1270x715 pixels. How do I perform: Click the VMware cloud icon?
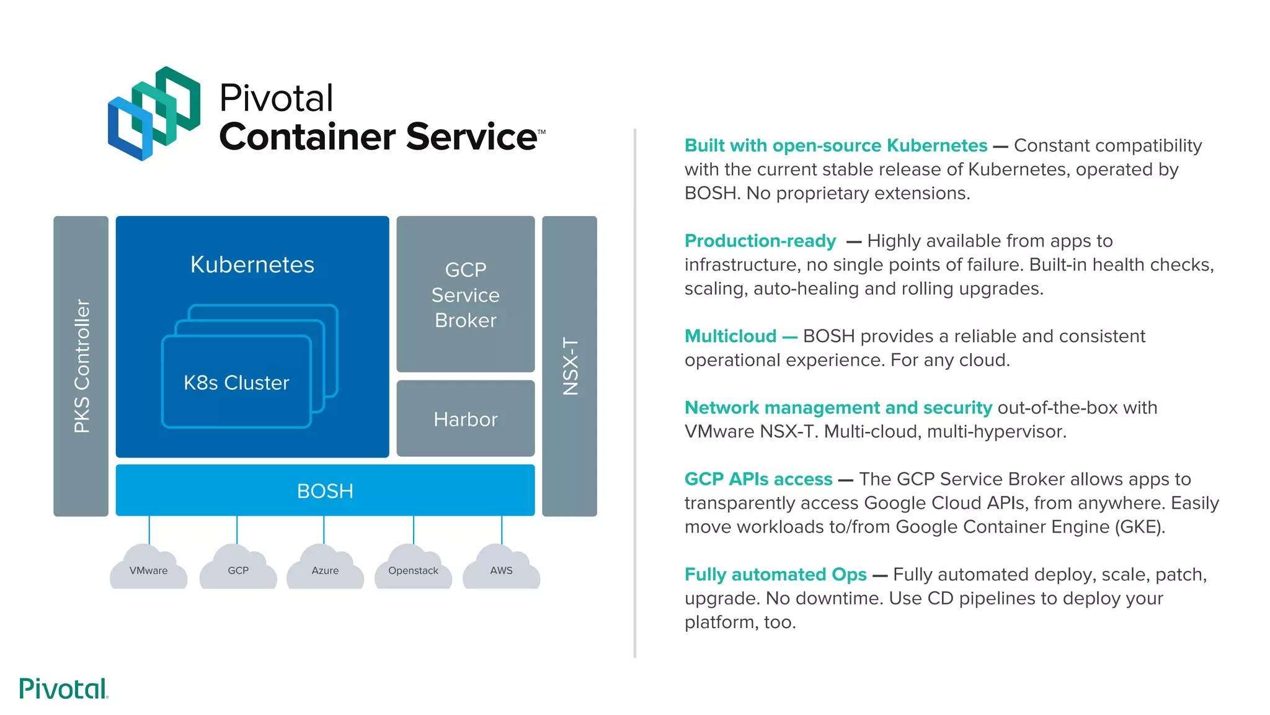148,568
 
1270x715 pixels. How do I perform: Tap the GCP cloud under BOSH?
238,568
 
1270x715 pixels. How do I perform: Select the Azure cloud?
325,568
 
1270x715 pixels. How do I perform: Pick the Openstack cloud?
413,568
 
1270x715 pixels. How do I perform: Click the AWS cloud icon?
501,568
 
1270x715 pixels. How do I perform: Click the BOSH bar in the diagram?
325,490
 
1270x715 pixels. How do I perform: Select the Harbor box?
465,419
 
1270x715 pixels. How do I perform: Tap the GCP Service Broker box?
465,295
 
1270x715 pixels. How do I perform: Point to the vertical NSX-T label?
570,366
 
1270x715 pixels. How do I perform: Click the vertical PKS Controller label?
82,366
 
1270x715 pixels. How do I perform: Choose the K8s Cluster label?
236,382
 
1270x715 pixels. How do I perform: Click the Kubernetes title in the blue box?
252,264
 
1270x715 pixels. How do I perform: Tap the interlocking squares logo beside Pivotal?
154,114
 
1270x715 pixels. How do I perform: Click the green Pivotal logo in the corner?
63,689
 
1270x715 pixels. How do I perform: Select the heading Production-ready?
760,241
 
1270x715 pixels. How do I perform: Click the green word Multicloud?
730,336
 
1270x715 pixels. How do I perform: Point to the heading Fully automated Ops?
775,575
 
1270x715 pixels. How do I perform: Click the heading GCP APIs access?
758,479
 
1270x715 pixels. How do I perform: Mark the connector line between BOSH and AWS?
502,529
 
